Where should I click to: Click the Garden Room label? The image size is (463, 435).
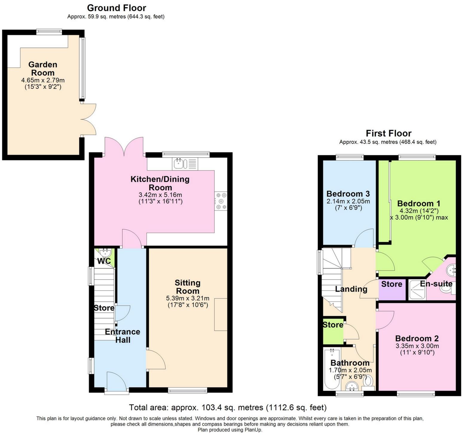click(43, 69)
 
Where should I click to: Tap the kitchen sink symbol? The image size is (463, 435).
click(185, 164)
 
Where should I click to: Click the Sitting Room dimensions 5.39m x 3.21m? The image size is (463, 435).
click(187, 298)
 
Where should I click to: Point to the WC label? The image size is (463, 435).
click(104, 261)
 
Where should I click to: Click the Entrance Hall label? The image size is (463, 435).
click(123, 336)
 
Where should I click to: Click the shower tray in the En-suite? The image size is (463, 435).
click(418, 290)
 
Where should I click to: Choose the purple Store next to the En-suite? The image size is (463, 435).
click(392, 290)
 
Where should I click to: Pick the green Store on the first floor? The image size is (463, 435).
click(333, 330)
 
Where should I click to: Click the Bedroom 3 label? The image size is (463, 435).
click(348, 194)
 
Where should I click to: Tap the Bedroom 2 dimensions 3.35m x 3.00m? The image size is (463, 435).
click(417, 346)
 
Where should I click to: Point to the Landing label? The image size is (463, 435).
click(351, 289)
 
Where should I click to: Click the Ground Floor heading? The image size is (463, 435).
click(117, 8)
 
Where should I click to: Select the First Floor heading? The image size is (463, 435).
click(389, 133)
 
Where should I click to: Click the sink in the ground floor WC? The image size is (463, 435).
click(105, 252)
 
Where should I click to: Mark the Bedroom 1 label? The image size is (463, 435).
click(419, 203)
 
